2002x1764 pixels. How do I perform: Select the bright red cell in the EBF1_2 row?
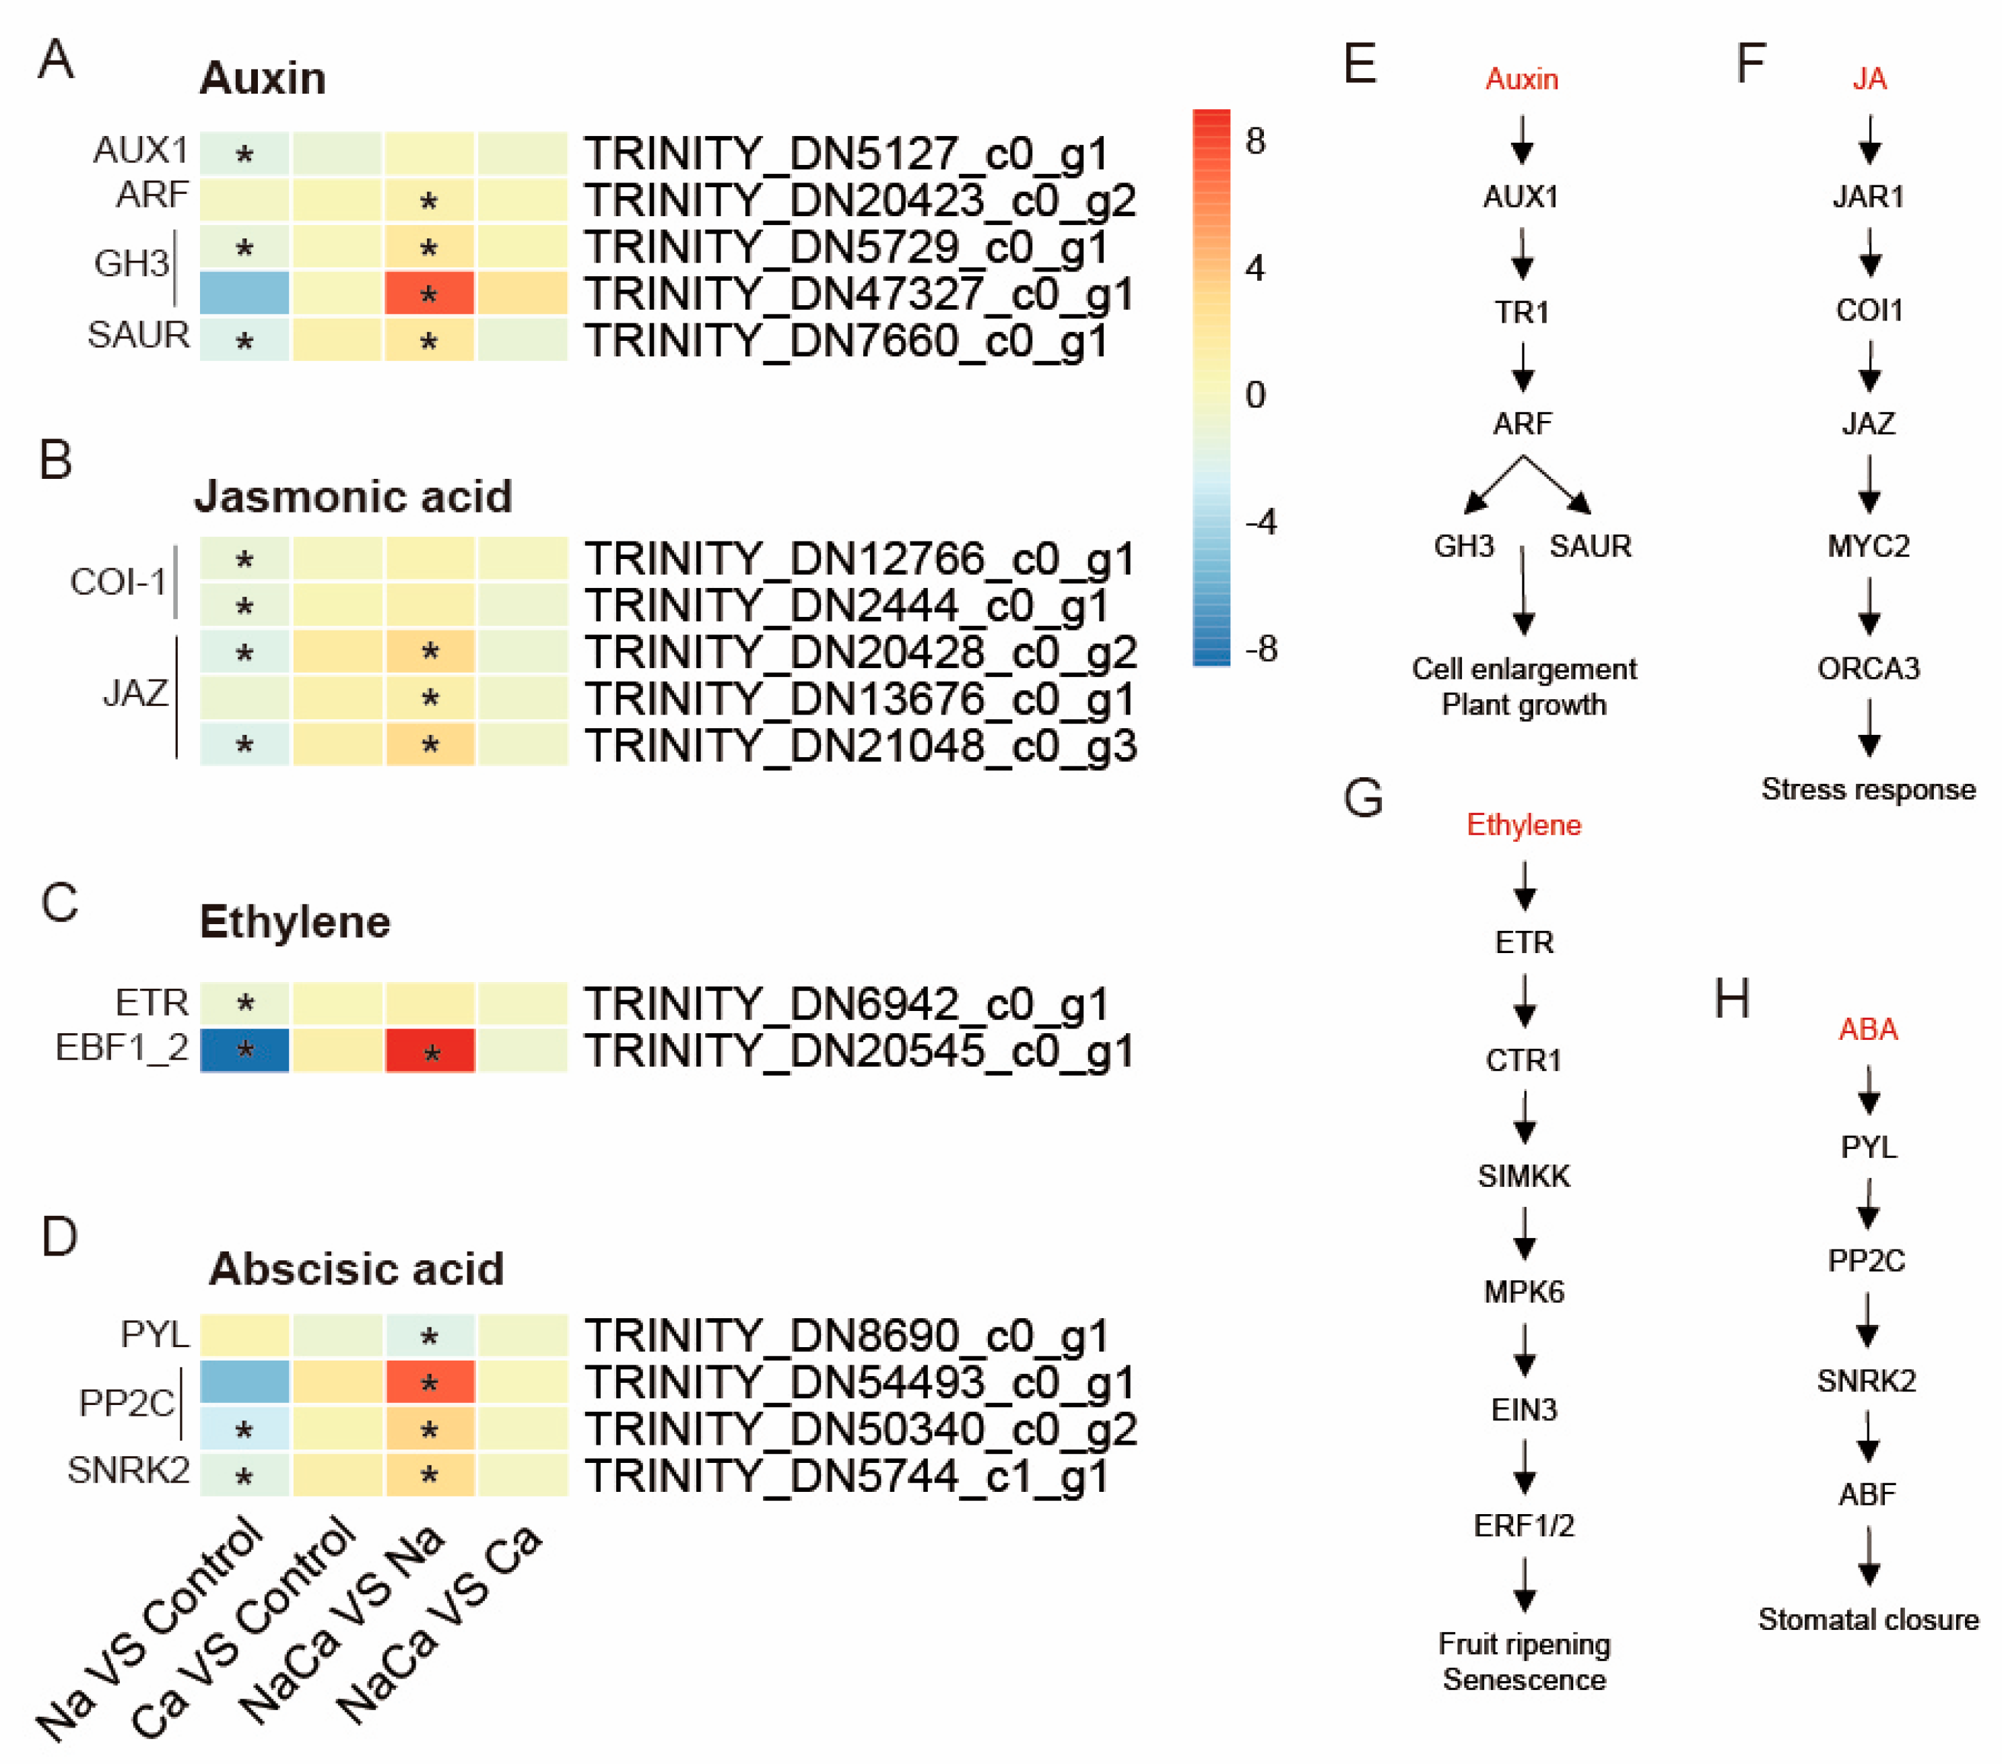click(x=429, y=1050)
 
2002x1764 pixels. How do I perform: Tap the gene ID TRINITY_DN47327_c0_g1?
click(x=859, y=294)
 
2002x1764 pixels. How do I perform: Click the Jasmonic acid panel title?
click(x=353, y=496)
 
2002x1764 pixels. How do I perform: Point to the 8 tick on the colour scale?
click(x=1255, y=141)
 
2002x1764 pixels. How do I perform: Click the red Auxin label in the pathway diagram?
click(x=1521, y=79)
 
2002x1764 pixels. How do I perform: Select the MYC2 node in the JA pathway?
click(x=1868, y=546)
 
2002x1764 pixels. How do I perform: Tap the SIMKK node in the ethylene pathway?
click(x=1523, y=1175)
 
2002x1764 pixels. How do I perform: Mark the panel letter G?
click(x=1362, y=797)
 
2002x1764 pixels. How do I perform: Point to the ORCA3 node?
click(x=1868, y=669)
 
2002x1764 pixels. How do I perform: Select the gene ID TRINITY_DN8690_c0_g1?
click(x=846, y=1336)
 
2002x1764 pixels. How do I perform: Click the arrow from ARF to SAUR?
click(x=1558, y=485)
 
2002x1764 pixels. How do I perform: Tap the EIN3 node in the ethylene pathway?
click(x=1523, y=1410)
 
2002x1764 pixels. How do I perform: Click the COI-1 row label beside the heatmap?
click(x=119, y=582)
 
